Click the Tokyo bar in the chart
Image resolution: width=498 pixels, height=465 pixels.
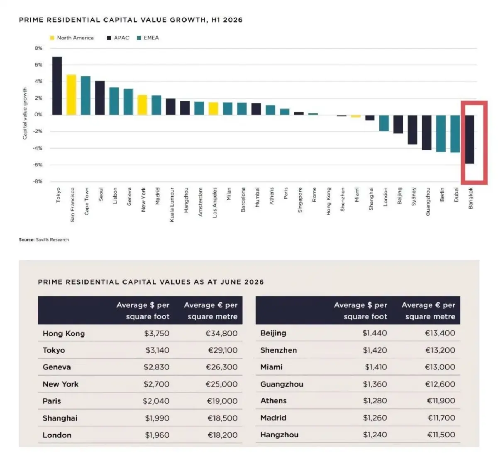(x=57, y=86)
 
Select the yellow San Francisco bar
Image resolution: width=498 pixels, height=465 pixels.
(x=71, y=95)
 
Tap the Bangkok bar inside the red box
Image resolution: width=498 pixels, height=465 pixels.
(x=469, y=139)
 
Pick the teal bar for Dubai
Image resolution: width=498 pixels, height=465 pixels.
(x=455, y=134)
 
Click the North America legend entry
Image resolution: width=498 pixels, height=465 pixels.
(x=72, y=38)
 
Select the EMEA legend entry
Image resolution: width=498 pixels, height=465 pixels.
(x=148, y=38)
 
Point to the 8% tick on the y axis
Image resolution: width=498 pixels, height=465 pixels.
(x=38, y=48)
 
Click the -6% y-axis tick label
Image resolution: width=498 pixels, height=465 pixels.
(x=38, y=165)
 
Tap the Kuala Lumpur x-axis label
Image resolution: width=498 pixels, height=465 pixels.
(x=172, y=205)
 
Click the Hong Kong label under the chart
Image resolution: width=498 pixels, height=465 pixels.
(x=328, y=201)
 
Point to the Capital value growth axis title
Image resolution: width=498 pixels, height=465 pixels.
(x=25, y=113)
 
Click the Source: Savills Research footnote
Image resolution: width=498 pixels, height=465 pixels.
(x=44, y=240)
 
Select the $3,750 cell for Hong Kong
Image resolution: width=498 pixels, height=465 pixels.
(x=157, y=333)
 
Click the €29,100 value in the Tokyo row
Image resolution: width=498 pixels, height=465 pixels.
(x=223, y=350)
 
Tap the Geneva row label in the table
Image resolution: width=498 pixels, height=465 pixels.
(x=57, y=367)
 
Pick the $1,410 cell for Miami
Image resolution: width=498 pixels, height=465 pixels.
(x=376, y=367)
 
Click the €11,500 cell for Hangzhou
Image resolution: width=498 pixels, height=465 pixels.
(x=441, y=435)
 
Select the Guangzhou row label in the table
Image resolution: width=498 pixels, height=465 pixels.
(x=282, y=384)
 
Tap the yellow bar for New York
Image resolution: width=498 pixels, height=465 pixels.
(x=142, y=105)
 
